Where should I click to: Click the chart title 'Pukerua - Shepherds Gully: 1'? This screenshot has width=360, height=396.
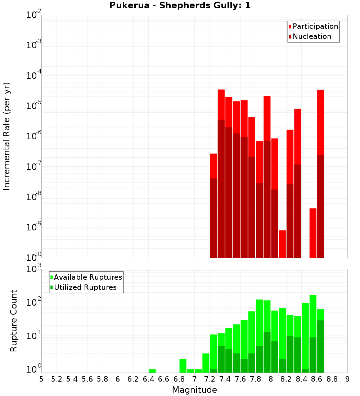180,6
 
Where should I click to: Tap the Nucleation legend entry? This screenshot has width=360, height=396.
312,36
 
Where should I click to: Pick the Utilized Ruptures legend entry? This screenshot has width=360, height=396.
85,287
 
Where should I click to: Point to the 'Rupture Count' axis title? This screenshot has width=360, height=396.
14,320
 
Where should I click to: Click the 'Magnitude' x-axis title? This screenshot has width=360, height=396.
194,390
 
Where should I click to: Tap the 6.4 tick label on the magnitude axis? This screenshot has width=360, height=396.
148,379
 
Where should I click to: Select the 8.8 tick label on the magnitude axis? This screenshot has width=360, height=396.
332,379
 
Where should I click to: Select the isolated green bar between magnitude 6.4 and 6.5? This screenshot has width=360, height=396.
152,371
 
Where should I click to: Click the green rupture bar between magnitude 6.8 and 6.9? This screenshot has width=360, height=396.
183,366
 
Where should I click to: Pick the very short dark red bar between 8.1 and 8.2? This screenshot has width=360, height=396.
282,244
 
